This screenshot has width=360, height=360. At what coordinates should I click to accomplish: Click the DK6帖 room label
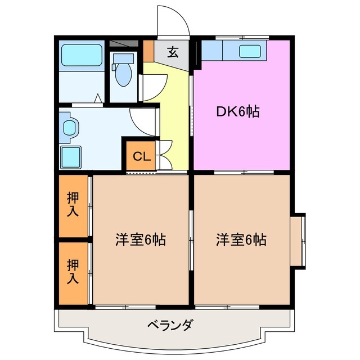point(238,112)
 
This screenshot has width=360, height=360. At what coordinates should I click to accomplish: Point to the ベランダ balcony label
point(171,325)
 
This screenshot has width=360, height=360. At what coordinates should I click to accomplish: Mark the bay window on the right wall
point(300,239)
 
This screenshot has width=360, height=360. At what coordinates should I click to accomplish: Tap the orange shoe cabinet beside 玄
point(148,51)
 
